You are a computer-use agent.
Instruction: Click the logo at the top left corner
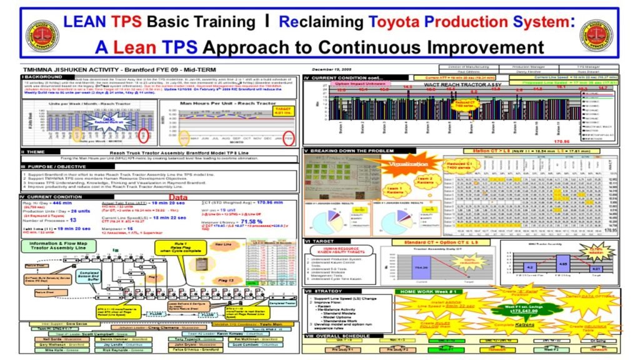coord(42,36)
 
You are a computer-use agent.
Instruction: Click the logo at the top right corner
coord(596,36)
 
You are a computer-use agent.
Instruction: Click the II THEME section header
coord(32,151)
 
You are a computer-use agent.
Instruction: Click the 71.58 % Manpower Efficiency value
coord(252,221)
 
